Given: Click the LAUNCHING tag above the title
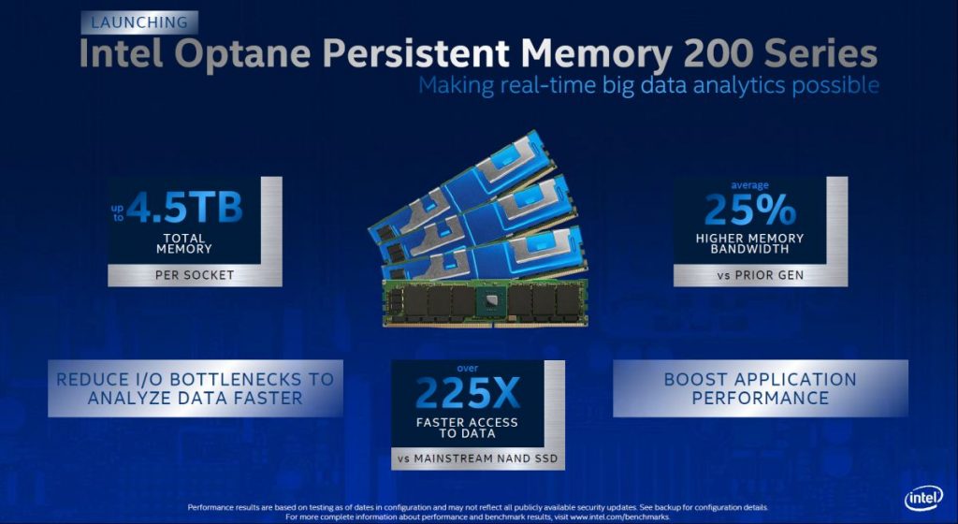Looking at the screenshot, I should click(138, 22).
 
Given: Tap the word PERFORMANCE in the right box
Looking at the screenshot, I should click(760, 398).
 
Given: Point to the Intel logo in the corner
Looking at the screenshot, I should click(922, 499).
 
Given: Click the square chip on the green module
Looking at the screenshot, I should click(486, 301).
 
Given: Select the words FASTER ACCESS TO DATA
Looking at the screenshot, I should click(466, 428).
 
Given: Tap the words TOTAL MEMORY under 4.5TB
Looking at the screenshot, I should click(184, 244).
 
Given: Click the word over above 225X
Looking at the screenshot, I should click(466, 368).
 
